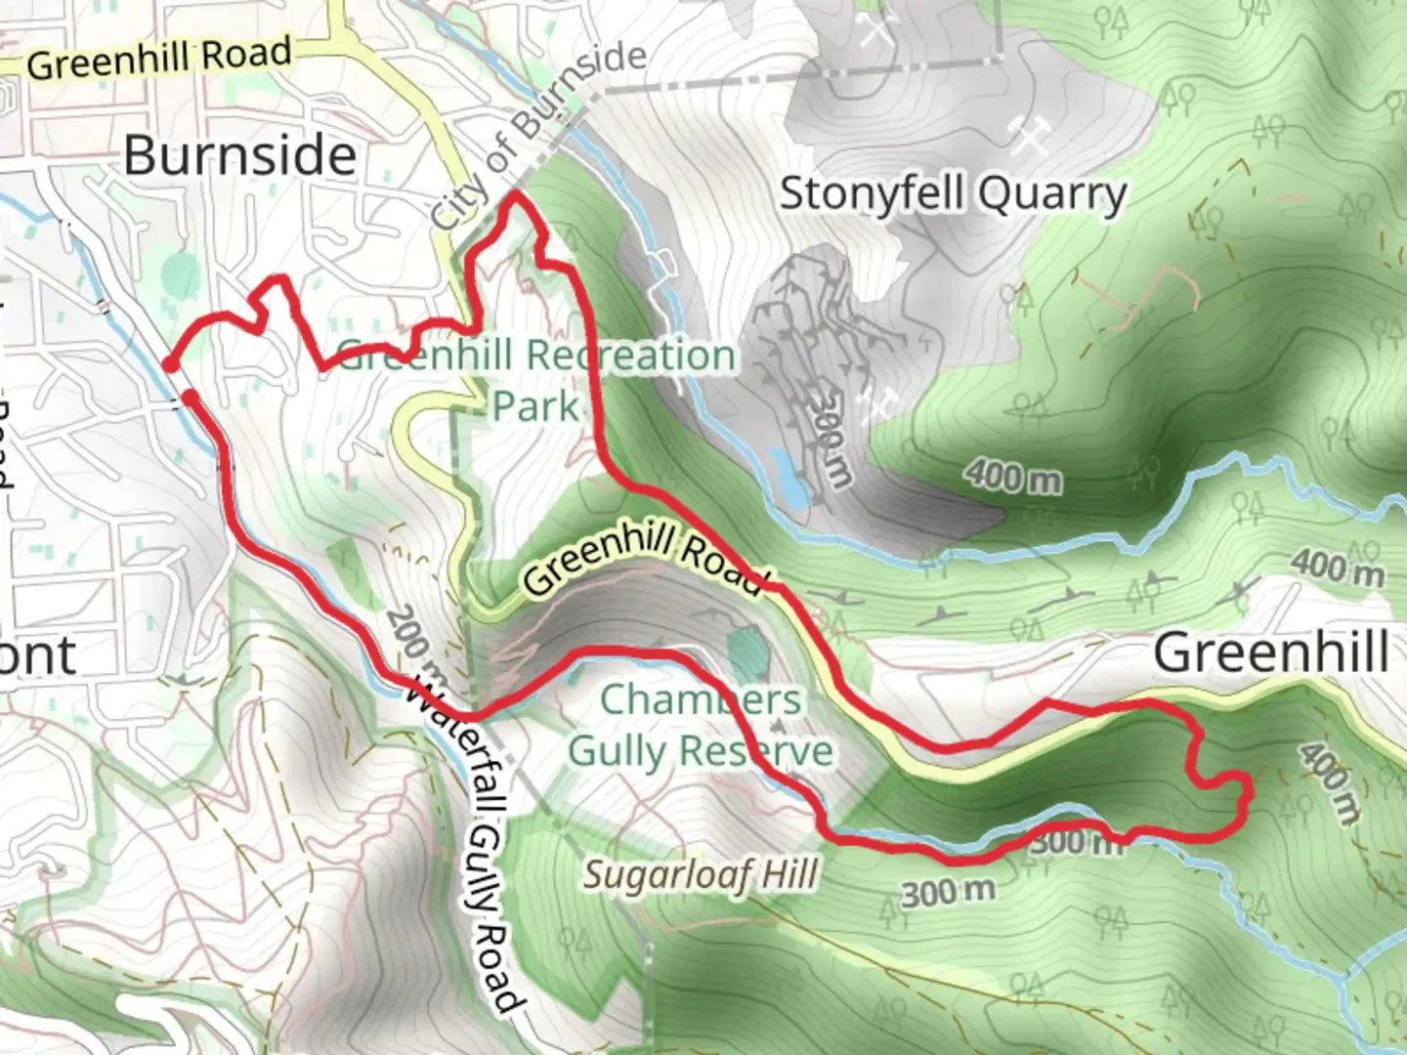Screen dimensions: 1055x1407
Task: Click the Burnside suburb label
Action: click(239, 156)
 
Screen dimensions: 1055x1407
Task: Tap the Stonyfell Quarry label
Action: click(953, 193)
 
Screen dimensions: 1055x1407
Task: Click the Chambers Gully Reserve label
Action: click(701, 726)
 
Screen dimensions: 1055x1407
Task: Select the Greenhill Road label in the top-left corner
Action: click(159, 59)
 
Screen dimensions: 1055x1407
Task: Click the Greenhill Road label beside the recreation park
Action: click(643, 559)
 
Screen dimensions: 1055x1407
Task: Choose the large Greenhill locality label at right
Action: click(1271, 652)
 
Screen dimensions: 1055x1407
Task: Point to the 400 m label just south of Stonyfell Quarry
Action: click(1013, 477)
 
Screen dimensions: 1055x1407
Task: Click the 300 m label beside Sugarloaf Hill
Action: click(948, 892)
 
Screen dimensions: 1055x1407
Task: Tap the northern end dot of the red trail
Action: click(170, 365)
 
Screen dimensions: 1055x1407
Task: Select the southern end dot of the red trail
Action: click(190, 396)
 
